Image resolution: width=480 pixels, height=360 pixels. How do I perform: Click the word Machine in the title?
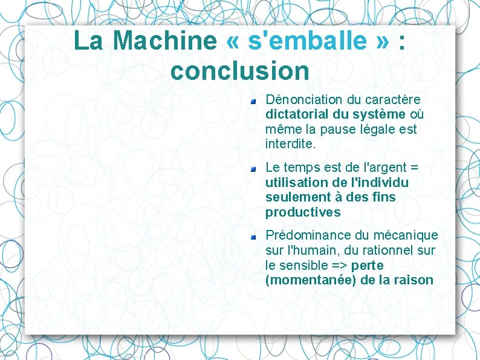[164, 41]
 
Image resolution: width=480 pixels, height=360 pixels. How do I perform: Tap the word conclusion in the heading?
[240, 71]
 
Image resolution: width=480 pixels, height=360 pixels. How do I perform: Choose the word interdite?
[290, 145]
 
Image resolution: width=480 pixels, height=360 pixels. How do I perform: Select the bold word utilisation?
[296, 183]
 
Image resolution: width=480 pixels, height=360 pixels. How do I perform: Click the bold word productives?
[303, 212]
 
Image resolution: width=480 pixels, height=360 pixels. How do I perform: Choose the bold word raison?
[415, 280]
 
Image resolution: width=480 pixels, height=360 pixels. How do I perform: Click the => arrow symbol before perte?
[340, 266]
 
